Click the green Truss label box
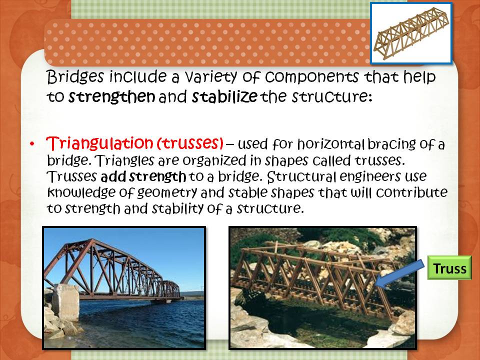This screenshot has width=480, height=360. coord(449,268)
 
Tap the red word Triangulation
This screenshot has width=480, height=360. coord(99,144)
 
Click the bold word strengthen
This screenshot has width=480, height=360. coord(111,97)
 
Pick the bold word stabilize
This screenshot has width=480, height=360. coord(225,97)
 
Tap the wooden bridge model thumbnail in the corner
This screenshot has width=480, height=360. coord(411,33)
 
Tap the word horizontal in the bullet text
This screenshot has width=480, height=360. coord(334,144)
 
